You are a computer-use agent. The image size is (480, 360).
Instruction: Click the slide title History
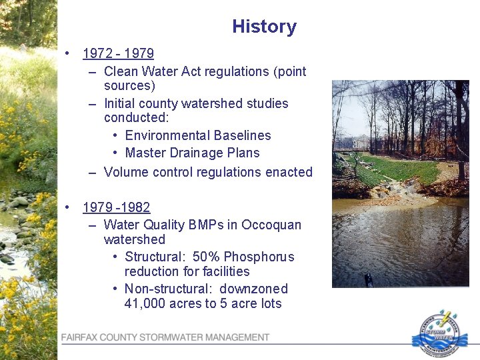pos(264,27)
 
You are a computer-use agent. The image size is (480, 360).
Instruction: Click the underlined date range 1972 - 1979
pos(118,54)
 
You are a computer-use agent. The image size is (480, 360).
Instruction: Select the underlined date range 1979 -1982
pos(116,207)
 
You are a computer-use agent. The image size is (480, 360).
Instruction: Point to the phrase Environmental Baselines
pos(197,135)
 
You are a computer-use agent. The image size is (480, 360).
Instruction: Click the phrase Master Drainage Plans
pos(192,153)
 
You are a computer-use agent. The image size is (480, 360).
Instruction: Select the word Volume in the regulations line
pos(127,172)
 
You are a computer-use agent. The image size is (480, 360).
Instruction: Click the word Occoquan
pos(271,225)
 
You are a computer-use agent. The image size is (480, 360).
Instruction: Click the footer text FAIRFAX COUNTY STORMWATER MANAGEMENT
pos(165,337)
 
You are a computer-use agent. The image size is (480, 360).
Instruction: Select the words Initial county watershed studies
pos(196,103)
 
